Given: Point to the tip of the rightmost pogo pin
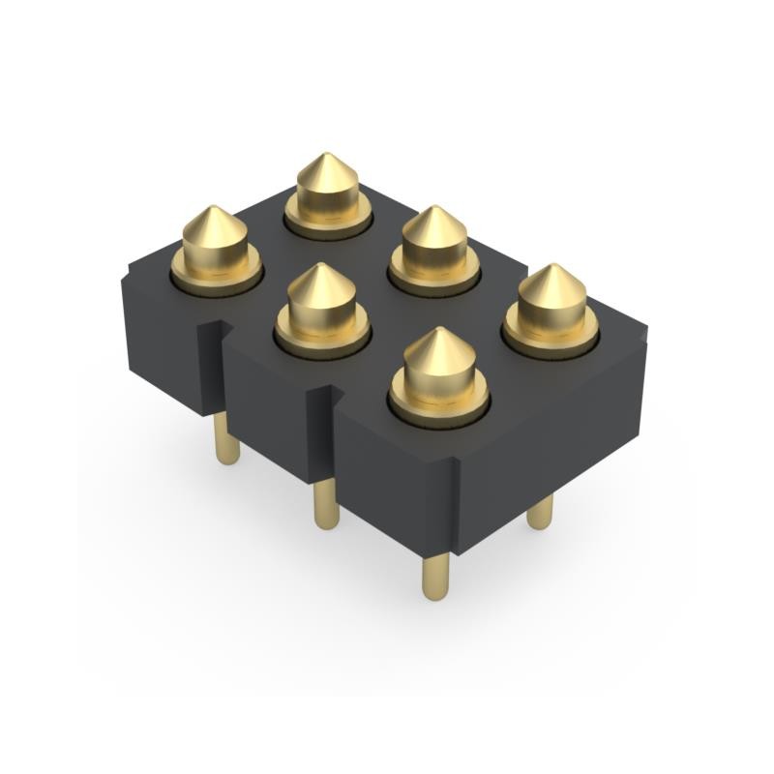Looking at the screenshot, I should [552, 266].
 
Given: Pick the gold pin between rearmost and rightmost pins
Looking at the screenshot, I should [434, 247].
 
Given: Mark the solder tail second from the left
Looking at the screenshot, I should [327, 503].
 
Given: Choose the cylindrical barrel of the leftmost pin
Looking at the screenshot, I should [215, 253].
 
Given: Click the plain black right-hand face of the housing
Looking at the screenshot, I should [551, 435].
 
